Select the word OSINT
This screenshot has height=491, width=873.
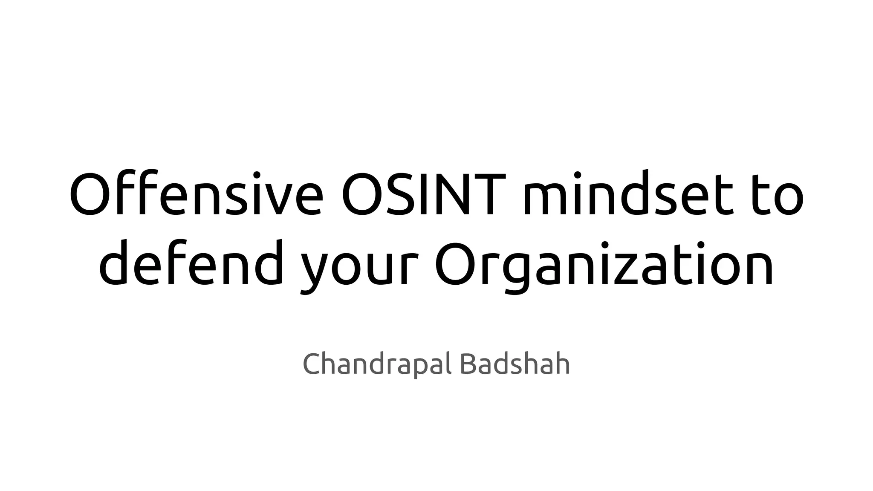coord(419,194)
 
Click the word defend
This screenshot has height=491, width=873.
coord(191,263)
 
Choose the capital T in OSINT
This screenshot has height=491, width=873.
coord(494,194)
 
